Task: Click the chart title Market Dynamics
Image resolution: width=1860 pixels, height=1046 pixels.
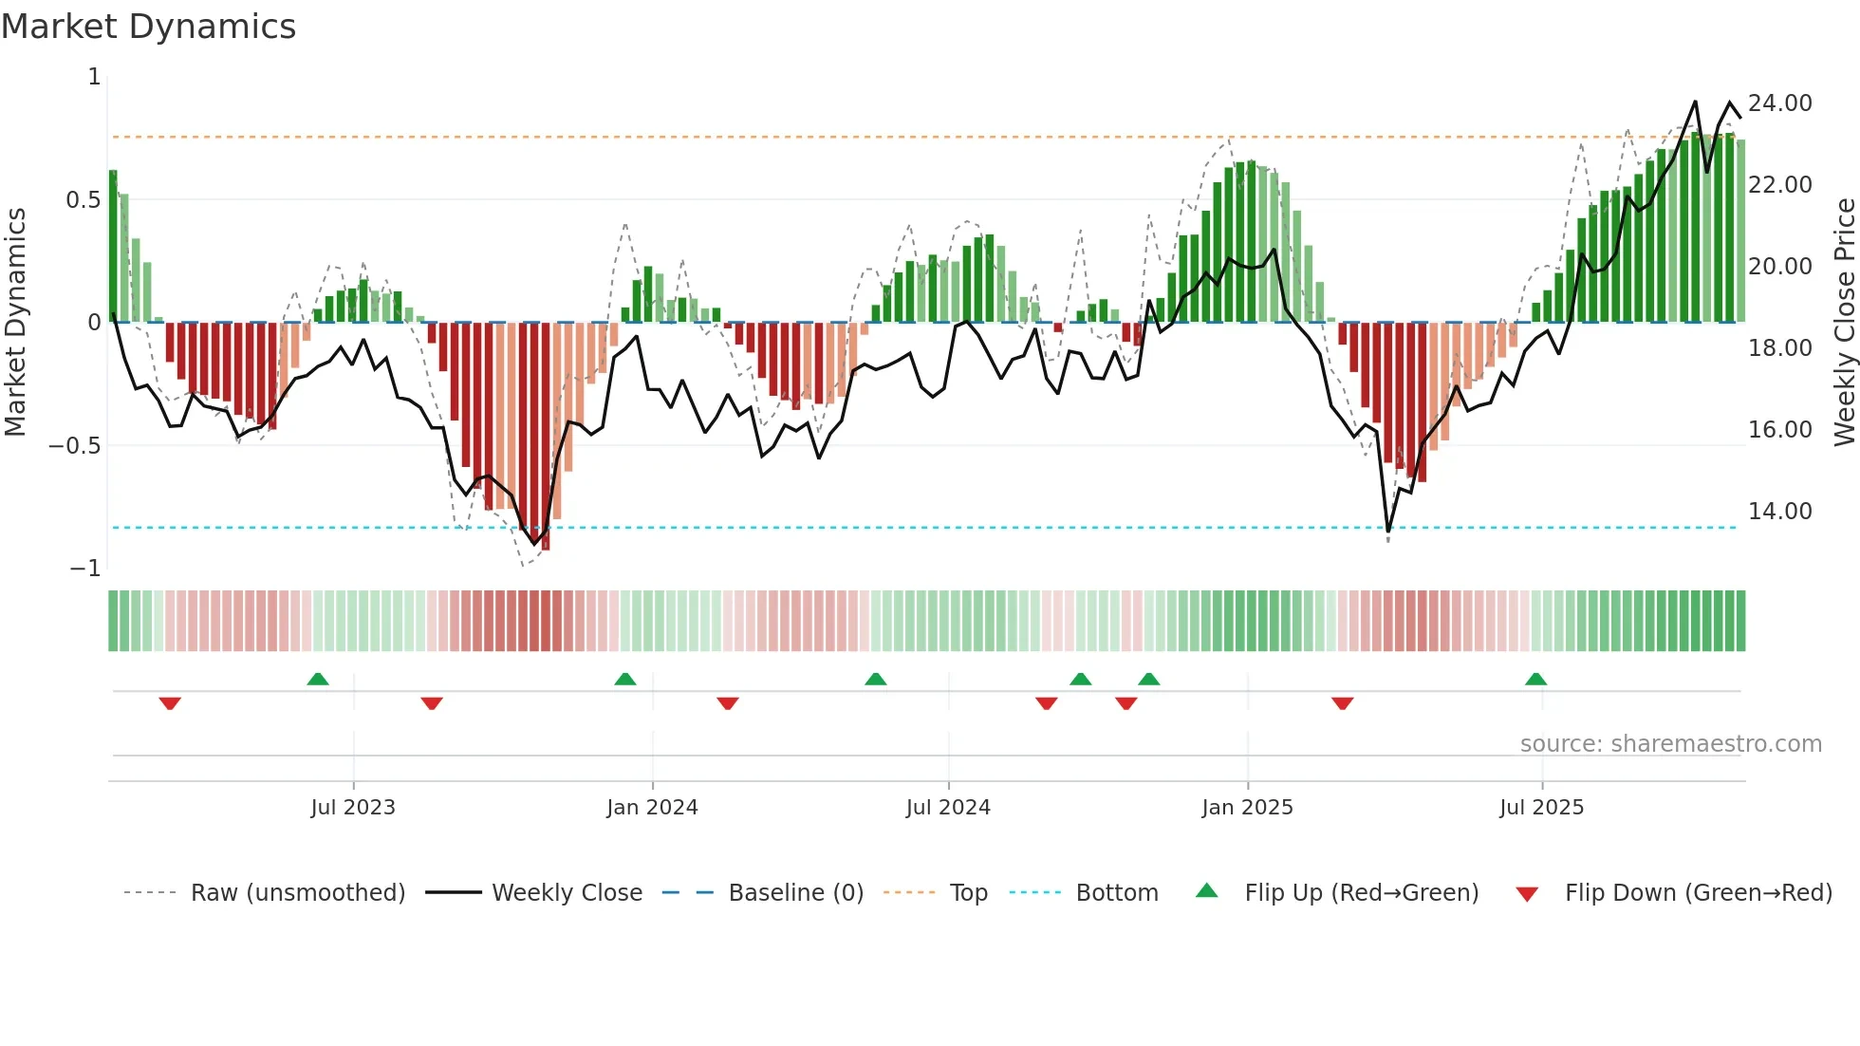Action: (149, 27)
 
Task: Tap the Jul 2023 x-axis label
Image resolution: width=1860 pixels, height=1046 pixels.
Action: (353, 808)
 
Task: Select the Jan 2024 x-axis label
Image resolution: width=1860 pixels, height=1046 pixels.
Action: (652, 808)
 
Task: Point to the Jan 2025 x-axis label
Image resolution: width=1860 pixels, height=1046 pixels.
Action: (1247, 808)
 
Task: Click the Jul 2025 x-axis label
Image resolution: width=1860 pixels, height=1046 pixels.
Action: (1541, 808)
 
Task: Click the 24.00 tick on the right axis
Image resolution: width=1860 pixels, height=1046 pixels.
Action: (1779, 103)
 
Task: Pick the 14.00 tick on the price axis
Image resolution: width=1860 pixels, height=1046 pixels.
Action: (1779, 512)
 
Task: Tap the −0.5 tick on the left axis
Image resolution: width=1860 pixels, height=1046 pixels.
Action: (74, 446)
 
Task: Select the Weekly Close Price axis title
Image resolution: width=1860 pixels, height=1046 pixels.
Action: (1844, 323)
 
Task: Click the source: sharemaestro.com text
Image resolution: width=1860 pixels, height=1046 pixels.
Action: (1670, 744)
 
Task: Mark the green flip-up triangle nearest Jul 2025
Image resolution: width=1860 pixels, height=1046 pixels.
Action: (1535, 679)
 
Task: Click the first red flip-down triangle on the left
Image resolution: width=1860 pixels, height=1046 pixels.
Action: (170, 703)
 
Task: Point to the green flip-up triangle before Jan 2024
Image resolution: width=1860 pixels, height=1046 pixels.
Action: (624, 679)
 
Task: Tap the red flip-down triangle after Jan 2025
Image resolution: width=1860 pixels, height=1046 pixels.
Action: (1342, 703)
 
